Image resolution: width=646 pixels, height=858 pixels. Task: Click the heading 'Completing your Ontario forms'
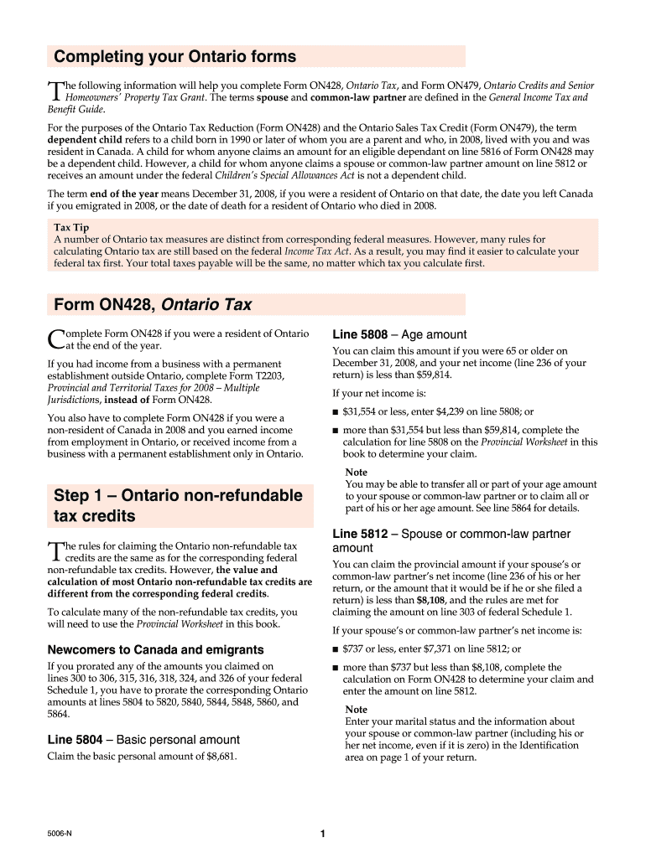click(x=175, y=57)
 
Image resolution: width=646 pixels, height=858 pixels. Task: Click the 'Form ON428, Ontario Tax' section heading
click(x=153, y=304)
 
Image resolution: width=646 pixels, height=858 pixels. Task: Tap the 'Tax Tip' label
click(x=71, y=228)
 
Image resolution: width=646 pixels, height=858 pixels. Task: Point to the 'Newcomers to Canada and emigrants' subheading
click(x=155, y=649)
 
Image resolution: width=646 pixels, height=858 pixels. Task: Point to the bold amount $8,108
click(x=432, y=601)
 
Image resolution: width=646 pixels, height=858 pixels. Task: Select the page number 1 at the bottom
click(x=323, y=834)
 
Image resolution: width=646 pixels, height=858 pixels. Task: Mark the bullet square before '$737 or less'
click(x=336, y=649)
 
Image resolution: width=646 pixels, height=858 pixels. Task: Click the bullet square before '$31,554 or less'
click(x=336, y=412)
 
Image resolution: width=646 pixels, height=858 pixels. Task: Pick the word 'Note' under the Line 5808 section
click(x=356, y=473)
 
